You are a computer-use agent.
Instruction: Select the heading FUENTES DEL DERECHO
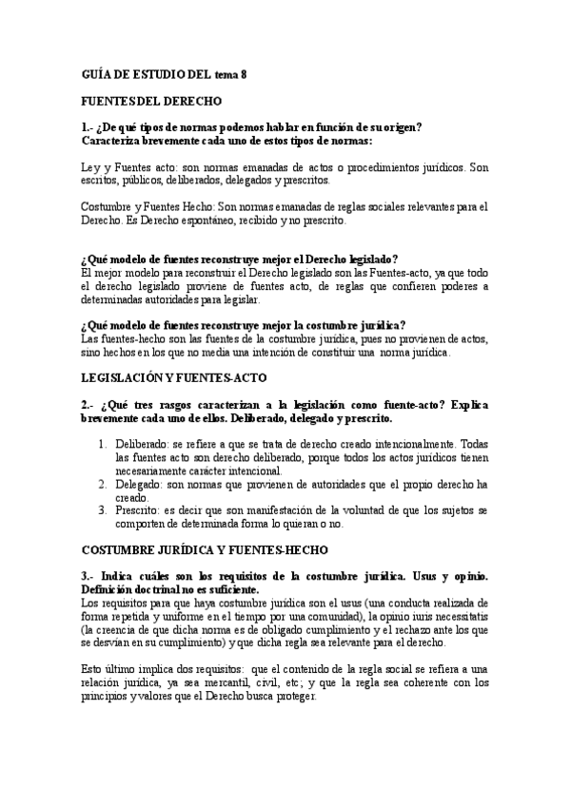(151, 100)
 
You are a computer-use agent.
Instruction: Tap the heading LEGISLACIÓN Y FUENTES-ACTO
(172, 377)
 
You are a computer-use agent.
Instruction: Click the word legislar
(240, 298)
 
